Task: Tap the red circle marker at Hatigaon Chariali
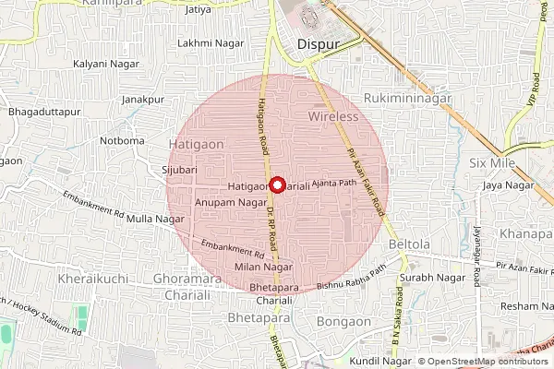point(276,184)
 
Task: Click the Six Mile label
point(490,162)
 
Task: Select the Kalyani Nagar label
point(103,65)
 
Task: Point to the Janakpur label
point(142,99)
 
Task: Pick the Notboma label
point(123,140)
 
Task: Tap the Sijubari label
point(180,170)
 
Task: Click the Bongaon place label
point(343,321)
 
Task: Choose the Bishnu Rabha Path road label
point(351,279)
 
